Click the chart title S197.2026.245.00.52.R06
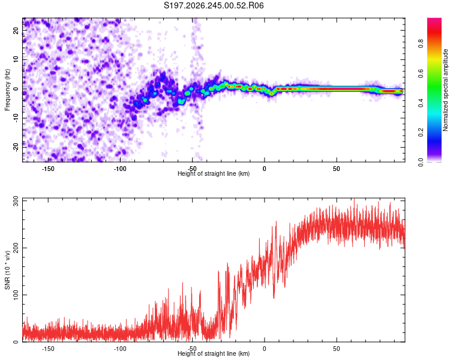click(214, 5)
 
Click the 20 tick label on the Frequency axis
click(16, 31)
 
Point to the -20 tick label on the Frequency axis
click(16, 148)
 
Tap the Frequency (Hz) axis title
click(7, 89)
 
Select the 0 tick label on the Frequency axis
click(16, 89)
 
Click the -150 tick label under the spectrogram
click(47, 169)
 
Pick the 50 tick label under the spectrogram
click(337, 169)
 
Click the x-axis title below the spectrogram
click(214, 173)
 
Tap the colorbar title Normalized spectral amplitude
click(445, 89)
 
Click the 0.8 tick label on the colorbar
click(421, 44)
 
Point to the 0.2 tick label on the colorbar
click(421, 133)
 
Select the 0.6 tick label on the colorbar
click(421, 73)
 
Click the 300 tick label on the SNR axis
click(16, 201)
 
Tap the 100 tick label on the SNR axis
click(16, 295)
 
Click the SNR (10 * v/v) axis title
click(7, 270)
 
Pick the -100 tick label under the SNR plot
click(119, 349)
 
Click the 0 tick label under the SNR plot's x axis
click(265, 349)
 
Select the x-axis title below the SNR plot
click(214, 353)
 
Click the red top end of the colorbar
click(434, 19)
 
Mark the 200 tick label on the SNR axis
click(16, 248)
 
